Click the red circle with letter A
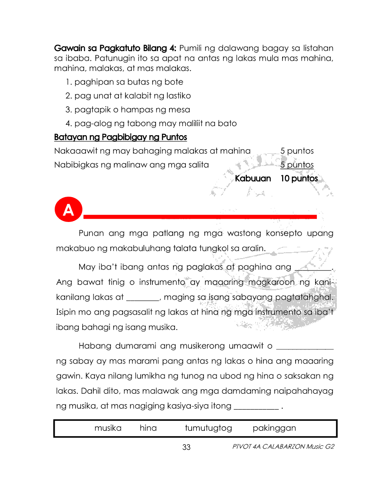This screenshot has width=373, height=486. click(x=68, y=211)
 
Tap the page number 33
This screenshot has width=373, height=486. click(x=186, y=448)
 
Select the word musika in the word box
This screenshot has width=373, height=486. click(x=108, y=428)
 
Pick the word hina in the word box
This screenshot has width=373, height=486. click(x=148, y=428)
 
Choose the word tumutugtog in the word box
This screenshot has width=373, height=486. click(x=208, y=428)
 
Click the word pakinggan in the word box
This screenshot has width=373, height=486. click(x=274, y=428)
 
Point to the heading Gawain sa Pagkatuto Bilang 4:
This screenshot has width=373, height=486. click(x=116, y=48)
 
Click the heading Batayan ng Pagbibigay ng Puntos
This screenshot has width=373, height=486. click(x=120, y=137)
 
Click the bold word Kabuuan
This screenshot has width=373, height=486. click(x=253, y=179)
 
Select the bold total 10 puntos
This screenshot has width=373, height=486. click(x=299, y=179)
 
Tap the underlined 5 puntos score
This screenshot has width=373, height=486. click(x=297, y=165)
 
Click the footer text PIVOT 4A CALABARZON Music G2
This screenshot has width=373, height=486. click(x=283, y=447)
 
